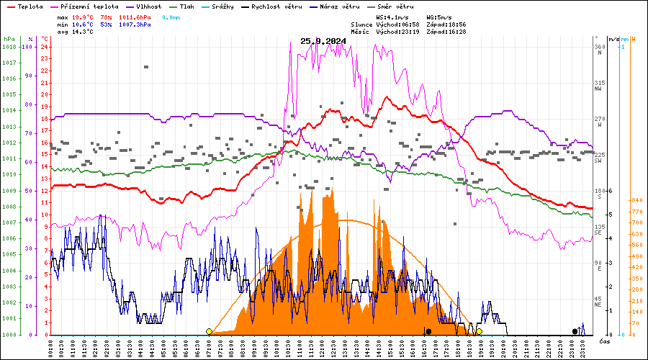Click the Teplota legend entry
click(24, 6)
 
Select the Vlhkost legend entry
click(146, 6)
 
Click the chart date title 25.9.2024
click(323, 41)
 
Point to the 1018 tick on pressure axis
click(9, 47)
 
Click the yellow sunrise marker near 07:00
click(209, 331)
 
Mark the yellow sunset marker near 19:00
click(479, 331)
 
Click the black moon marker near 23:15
click(575, 331)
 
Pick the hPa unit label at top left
click(9, 38)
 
